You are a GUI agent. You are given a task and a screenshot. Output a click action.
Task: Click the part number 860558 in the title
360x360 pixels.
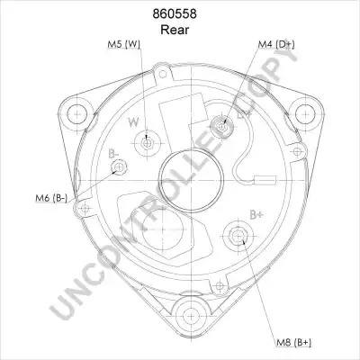[x=175, y=13]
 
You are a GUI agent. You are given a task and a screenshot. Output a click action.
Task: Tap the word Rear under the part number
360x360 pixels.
[x=175, y=30]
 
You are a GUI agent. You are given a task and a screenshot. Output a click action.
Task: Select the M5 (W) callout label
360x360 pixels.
[x=124, y=44]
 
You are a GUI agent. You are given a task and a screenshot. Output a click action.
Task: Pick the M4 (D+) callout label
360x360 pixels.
[x=276, y=44]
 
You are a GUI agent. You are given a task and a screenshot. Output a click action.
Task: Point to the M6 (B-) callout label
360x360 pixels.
[x=51, y=198]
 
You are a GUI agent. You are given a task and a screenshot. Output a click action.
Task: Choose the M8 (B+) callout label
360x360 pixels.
[x=293, y=342]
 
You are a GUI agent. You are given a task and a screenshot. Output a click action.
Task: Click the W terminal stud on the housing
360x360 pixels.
[x=147, y=144]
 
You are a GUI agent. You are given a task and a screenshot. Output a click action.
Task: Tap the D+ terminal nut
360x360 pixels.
[x=222, y=127]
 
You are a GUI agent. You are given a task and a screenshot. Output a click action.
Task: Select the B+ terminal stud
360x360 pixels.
[x=238, y=237]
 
